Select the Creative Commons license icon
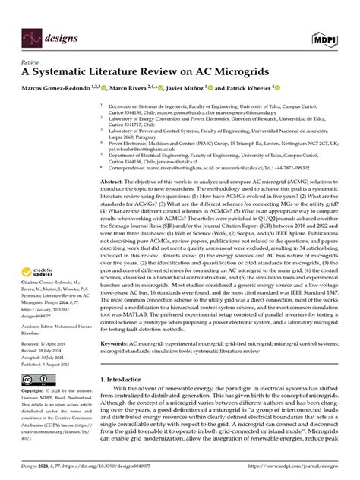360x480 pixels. coord(36,378)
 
